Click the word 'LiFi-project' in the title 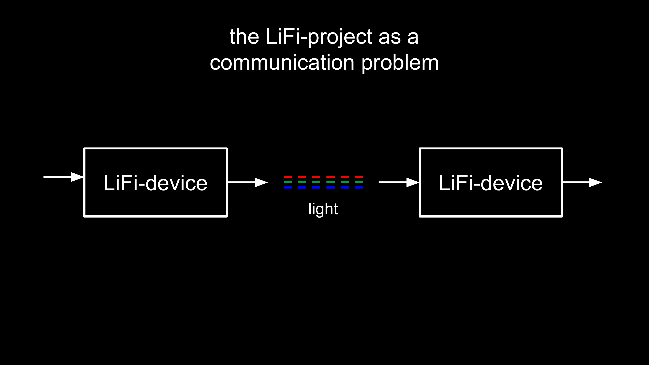tap(319, 37)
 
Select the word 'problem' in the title tap(400, 64)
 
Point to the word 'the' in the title tap(244, 36)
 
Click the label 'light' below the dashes tap(323, 209)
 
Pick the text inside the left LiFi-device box tap(156, 183)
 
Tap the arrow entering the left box tap(63, 177)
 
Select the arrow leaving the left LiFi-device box tap(248, 182)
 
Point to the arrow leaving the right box tap(582, 182)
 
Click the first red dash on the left tap(288, 177)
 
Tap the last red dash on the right tap(359, 177)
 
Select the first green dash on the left tap(288, 182)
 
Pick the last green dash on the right tap(359, 182)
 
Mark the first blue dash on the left tap(288, 187)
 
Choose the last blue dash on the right tap(359, 187)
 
